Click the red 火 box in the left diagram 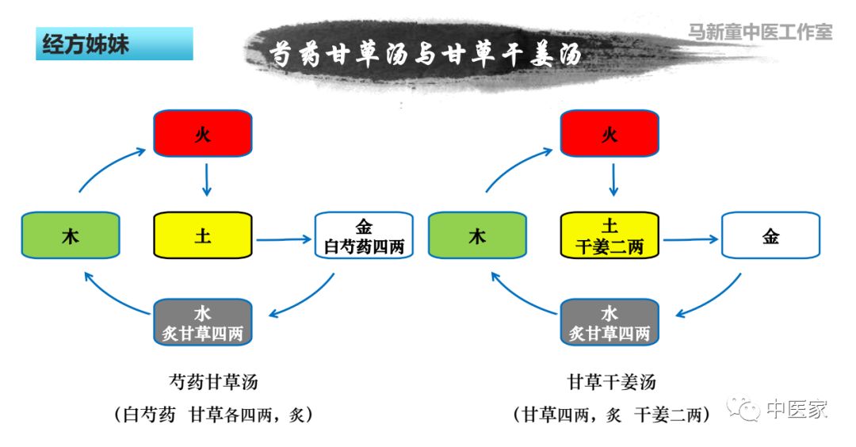202,133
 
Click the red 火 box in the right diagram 609,133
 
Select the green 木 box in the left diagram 71,235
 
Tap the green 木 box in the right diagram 477,235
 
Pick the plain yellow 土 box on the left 202,235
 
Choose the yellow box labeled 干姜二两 610,235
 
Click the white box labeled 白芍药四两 364,235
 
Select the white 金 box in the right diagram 770,235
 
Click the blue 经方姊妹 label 114,44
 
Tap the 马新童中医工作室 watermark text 759,32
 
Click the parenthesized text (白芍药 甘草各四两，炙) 213,414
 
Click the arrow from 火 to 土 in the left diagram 206,180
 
